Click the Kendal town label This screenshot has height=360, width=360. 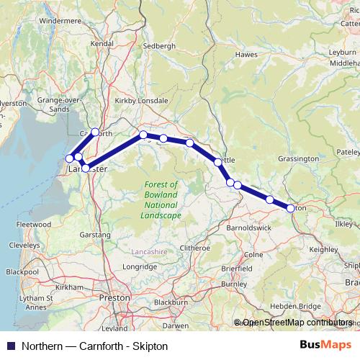[x=102, y=44]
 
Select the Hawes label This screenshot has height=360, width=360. [x=246, y=54]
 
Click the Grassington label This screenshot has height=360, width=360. [x=298, y=158]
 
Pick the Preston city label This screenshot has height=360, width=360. [x=115, y=297]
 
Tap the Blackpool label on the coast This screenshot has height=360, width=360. [x=22, y=272]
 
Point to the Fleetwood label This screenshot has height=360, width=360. [x=34, y=225]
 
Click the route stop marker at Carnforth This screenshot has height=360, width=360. [x=95, y=132]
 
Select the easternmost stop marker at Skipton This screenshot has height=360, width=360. [x=291, y=208]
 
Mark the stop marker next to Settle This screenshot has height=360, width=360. [x=218, y=162]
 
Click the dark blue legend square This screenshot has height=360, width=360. [x=10, y=346]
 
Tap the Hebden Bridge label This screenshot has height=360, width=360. [x=300, y=306]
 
